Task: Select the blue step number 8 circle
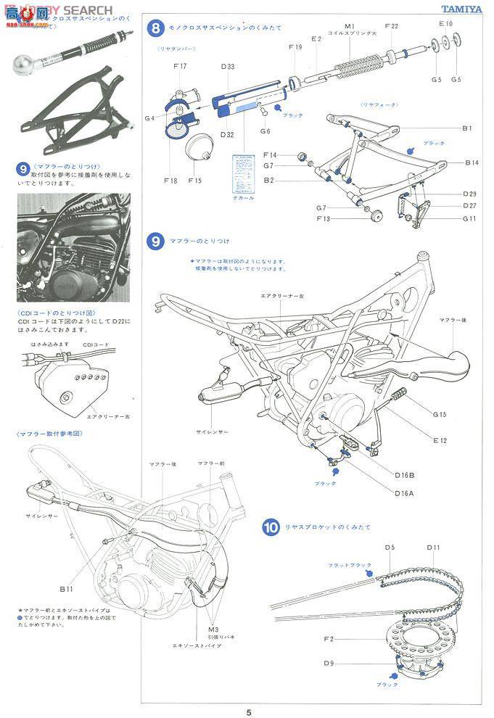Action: click(154, 28)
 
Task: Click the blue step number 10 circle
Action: click(271, 527)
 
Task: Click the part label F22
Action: click(391, 26)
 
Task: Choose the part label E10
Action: click(445, 23)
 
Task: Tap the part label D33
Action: click(227, 67)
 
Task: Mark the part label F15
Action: click(195, 180)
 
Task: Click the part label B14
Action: click(472, 163)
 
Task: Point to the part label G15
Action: click(440, 415)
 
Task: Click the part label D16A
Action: click(405, 493)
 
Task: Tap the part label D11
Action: click(434, 547)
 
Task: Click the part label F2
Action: click(329, 638)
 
